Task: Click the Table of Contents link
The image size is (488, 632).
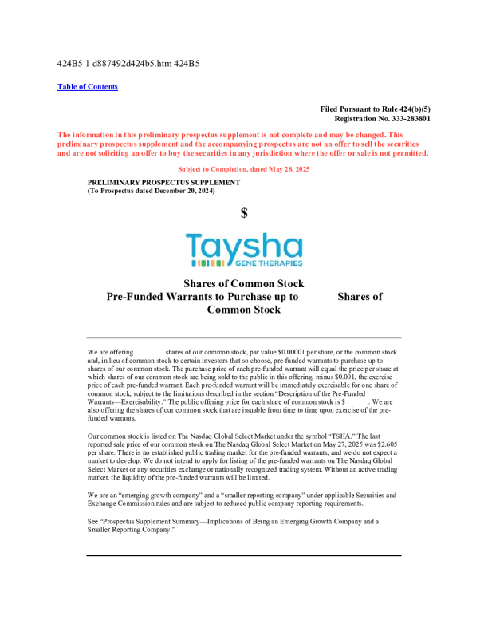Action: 88,86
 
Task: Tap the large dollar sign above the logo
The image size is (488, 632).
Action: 244,213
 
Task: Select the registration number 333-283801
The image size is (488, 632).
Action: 406,118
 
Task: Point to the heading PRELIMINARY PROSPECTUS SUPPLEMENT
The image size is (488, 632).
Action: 163,183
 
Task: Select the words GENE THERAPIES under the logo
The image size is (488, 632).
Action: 266,263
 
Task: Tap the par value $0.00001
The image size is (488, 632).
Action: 289,352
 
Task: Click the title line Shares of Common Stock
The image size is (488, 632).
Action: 243,284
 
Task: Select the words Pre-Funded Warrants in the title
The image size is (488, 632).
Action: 159,297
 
